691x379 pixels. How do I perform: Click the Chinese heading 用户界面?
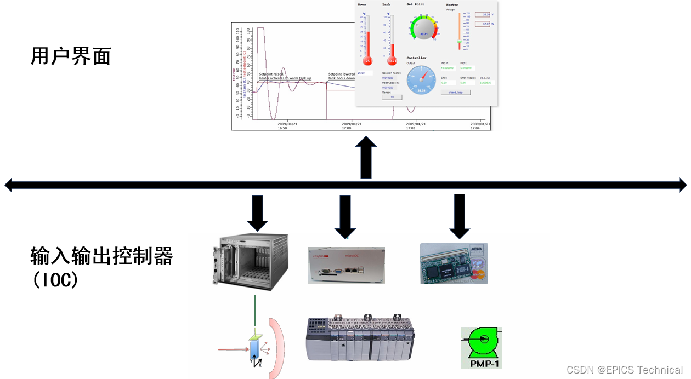71,56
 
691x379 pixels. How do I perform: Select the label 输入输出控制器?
101,256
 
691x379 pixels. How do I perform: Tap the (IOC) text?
55,280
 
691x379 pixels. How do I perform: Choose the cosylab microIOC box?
346,265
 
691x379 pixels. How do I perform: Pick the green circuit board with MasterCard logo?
453,263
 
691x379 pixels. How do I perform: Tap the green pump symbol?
482,341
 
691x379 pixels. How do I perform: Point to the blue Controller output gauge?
422,80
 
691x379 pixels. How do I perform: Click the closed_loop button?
455,93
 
